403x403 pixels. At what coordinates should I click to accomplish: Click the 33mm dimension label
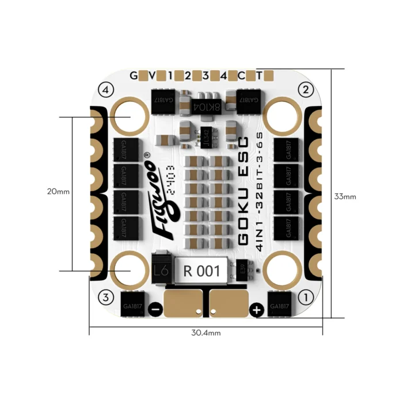coord(345,196)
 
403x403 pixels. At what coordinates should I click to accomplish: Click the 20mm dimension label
coord(58,192)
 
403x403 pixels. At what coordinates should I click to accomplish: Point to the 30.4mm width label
coord(206,333)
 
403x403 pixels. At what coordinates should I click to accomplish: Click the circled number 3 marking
coord(105,297)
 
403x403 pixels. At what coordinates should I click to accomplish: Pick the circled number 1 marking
coord(306,297)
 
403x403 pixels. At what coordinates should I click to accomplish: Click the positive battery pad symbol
coord(257,310)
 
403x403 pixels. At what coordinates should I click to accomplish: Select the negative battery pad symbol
coord(155,310)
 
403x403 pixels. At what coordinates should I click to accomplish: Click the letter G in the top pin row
coord(134,75)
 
